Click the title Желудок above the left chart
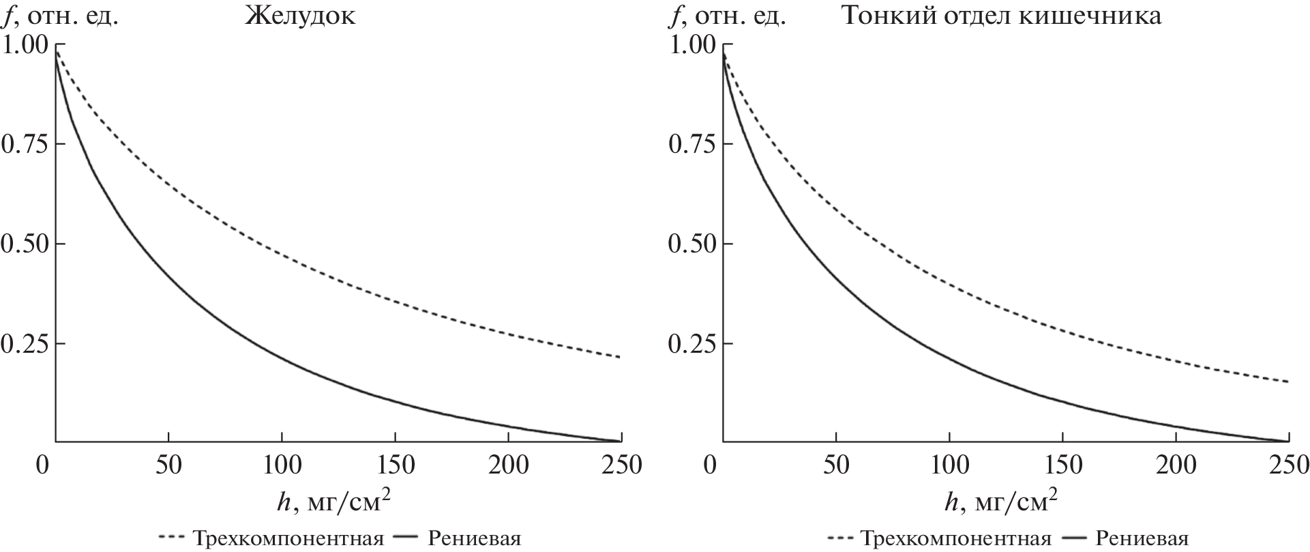[300, 16]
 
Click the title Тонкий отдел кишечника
[1002, 16]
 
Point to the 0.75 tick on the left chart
[25, 145]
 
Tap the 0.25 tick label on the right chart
[693, 344]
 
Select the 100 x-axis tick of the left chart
[282, 465]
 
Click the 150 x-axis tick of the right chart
[1062, 465]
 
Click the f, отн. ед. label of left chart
[62, 16]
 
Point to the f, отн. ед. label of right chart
[729, 16]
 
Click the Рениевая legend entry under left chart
[475, 539]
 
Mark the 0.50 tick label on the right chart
[693, 244]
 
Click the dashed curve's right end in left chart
[619, 357]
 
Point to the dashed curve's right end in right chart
[1287, 381]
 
